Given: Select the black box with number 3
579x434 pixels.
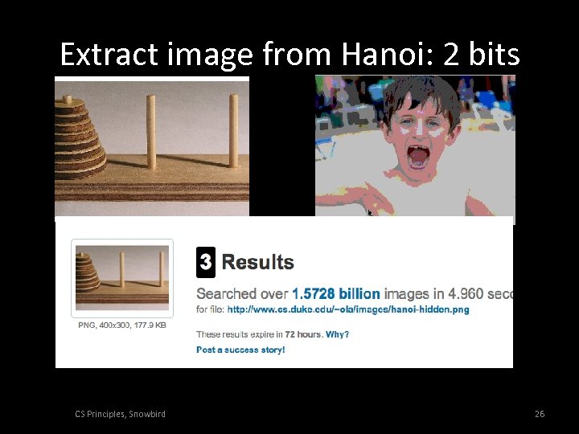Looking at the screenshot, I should (x=206, y=262).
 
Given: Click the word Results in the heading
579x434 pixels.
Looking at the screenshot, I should (x=257, y=262).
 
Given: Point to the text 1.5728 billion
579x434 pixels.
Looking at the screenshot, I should (x=336, y=294).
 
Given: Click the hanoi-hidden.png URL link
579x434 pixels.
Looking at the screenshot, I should (x=348, y=309).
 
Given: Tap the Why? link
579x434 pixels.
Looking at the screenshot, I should (x=338, y=334).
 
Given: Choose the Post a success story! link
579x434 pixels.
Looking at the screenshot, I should (x=240, y=350).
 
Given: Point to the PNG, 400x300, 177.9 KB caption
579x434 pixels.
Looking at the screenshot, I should (x=122, y=325).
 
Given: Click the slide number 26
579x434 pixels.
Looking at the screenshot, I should (x=540, y=414).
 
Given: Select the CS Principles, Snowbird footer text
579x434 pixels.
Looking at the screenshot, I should (x=120, y=414).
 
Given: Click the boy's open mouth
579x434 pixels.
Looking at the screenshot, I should (x=419, y=156).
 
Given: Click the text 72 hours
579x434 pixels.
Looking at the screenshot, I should (x=298, y=334).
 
